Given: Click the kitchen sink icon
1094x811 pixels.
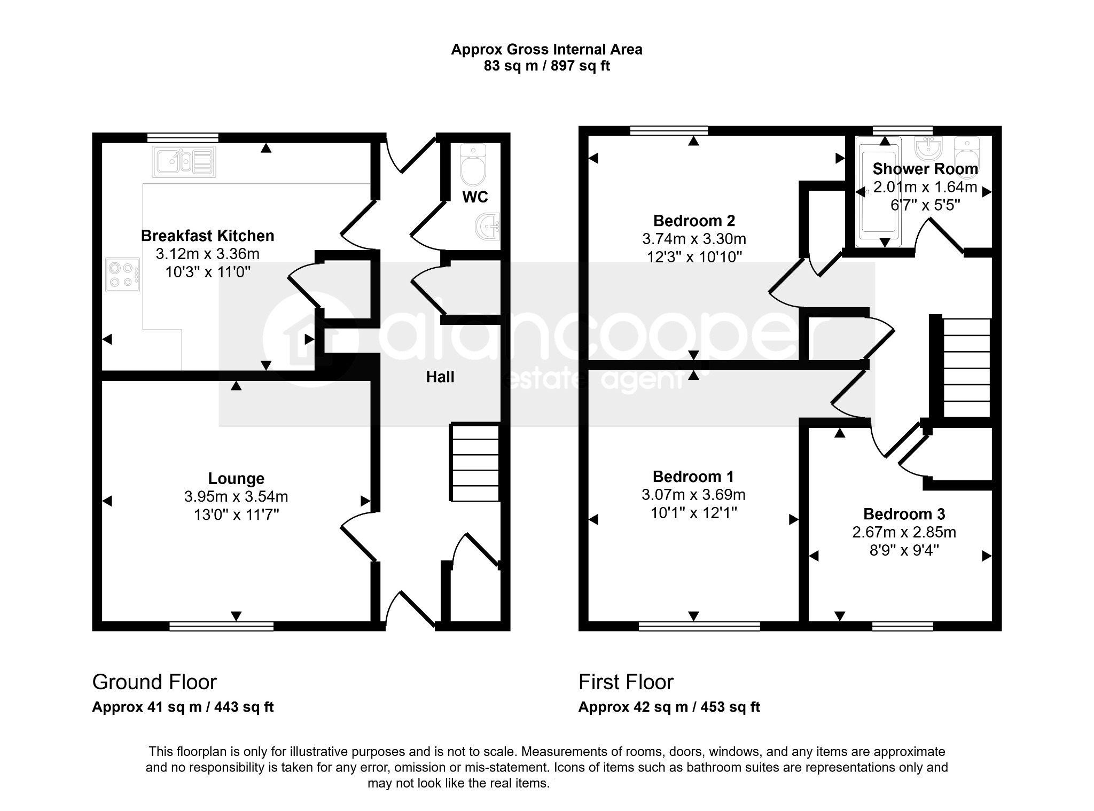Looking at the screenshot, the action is coord(184,162).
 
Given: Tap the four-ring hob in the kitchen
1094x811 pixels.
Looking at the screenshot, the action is coord(123,275).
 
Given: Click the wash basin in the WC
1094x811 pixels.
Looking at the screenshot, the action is coord(488,227).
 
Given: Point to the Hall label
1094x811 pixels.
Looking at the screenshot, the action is coord(440,377).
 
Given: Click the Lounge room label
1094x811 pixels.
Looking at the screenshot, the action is coord(236,479).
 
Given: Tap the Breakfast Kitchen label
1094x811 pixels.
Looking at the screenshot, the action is coord(208,236).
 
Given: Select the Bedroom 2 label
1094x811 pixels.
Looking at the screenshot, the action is coord(694,221).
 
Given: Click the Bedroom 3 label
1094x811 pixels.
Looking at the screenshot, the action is coord(904,514).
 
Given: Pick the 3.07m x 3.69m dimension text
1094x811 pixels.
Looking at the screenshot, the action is coord(693,495).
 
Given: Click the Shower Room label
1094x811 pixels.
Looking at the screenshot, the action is coord(925,169).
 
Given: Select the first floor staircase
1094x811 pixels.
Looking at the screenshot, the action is coord(966,368).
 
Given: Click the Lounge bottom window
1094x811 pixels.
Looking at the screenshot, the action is coord(222,626).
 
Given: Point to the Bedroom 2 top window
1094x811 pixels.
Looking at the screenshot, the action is coord(669,130).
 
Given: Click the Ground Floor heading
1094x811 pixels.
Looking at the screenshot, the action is coord(154,682).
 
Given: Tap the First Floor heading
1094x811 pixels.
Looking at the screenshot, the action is coord(626,682).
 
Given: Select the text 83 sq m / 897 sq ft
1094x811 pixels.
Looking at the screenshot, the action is coord(547,66).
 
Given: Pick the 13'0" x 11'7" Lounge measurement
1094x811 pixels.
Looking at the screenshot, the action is coord(236,515).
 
